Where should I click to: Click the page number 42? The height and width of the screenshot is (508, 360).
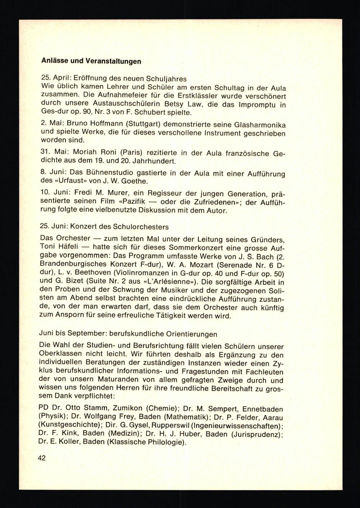pyautogui.click(x=41, y=458)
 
